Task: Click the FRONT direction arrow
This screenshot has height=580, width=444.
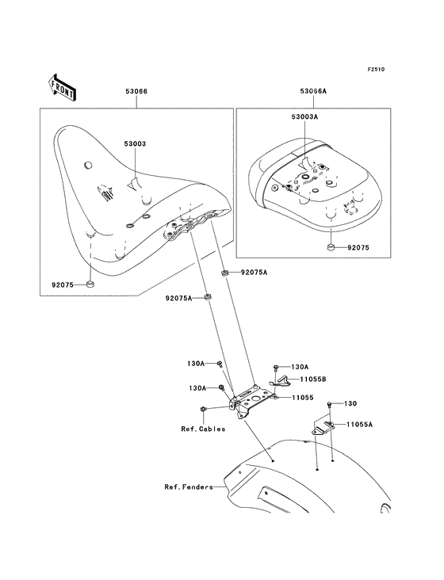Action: pyautogui.click(x=62, y=87)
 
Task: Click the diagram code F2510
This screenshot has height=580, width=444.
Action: pyautogui.click(x=376, y=69)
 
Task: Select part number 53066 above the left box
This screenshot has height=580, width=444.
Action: pyautogui.click(x=136, y=91)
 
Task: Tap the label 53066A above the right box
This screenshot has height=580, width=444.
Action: pyautogui.click(x=313, y=91)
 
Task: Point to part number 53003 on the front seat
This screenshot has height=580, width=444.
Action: pyautogui.click(x=135, y=143)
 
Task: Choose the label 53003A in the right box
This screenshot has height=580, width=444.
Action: pyautogui.click(x=305, y=117)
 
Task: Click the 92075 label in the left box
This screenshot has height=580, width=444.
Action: pyautogui.click(x=63, y=284)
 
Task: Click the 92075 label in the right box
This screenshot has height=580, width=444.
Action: pyautogui.click(x=358, y=247)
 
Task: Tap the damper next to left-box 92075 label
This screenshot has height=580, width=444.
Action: pyautogui.click(x=90, y=284)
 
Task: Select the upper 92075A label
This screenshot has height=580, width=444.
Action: pyautogui.click(x=254, y=273)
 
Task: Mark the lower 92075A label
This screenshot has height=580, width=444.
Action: pyautogui.click(x=178, y=298)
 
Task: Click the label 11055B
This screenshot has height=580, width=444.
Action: pyautogui.click(x=313, y=380)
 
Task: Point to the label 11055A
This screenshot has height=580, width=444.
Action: pyautogui.click(x=360, y=424)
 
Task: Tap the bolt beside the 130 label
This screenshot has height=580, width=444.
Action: pyautogui.click(x=329, y=404)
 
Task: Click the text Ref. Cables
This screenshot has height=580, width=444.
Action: pyautogui.click(x=203, y=429)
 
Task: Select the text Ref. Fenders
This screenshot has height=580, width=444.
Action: pyautogui.click(x=189, y=487)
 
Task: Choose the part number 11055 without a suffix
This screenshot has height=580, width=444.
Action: pyautogui.click(x=303, y=398)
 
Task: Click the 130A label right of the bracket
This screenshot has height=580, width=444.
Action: pyautogui.click(x=300, y=367)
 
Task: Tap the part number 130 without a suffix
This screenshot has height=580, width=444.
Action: pyautogui.click(x=350, y=403)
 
